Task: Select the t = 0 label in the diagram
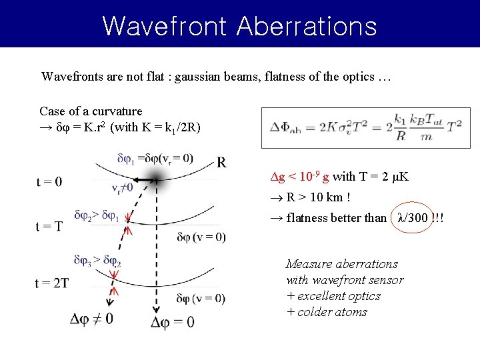49,182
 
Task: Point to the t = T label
49,225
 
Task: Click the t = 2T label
52,283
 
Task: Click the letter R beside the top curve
221,162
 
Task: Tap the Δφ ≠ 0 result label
92,319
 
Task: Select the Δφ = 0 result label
173,322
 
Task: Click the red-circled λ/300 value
412,218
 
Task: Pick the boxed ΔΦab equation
365,127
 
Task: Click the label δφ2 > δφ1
96,216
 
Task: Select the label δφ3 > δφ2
97,261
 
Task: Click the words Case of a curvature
91,111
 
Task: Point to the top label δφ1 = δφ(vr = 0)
155,159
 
